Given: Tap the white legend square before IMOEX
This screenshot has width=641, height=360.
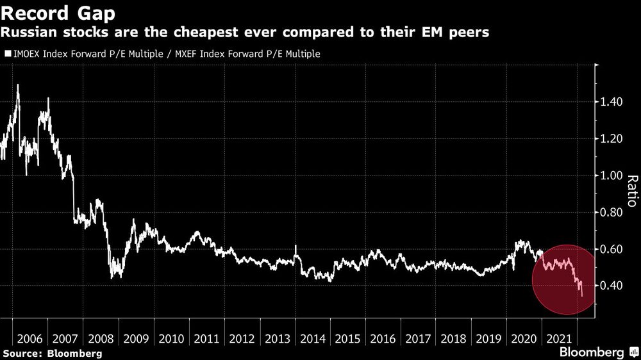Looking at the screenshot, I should [8, 54].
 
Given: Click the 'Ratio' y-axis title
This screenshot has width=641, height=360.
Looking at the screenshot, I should [631, 191].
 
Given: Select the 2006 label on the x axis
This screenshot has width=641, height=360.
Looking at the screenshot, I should [29, 338].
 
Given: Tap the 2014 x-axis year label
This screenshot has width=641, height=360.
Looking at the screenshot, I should [312, 338].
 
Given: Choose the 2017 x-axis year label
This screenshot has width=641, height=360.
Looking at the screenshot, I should [417, 338].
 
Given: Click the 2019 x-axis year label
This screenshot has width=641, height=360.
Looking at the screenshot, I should [488, 338].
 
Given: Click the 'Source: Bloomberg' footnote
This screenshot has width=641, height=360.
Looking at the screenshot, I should [52, 353].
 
